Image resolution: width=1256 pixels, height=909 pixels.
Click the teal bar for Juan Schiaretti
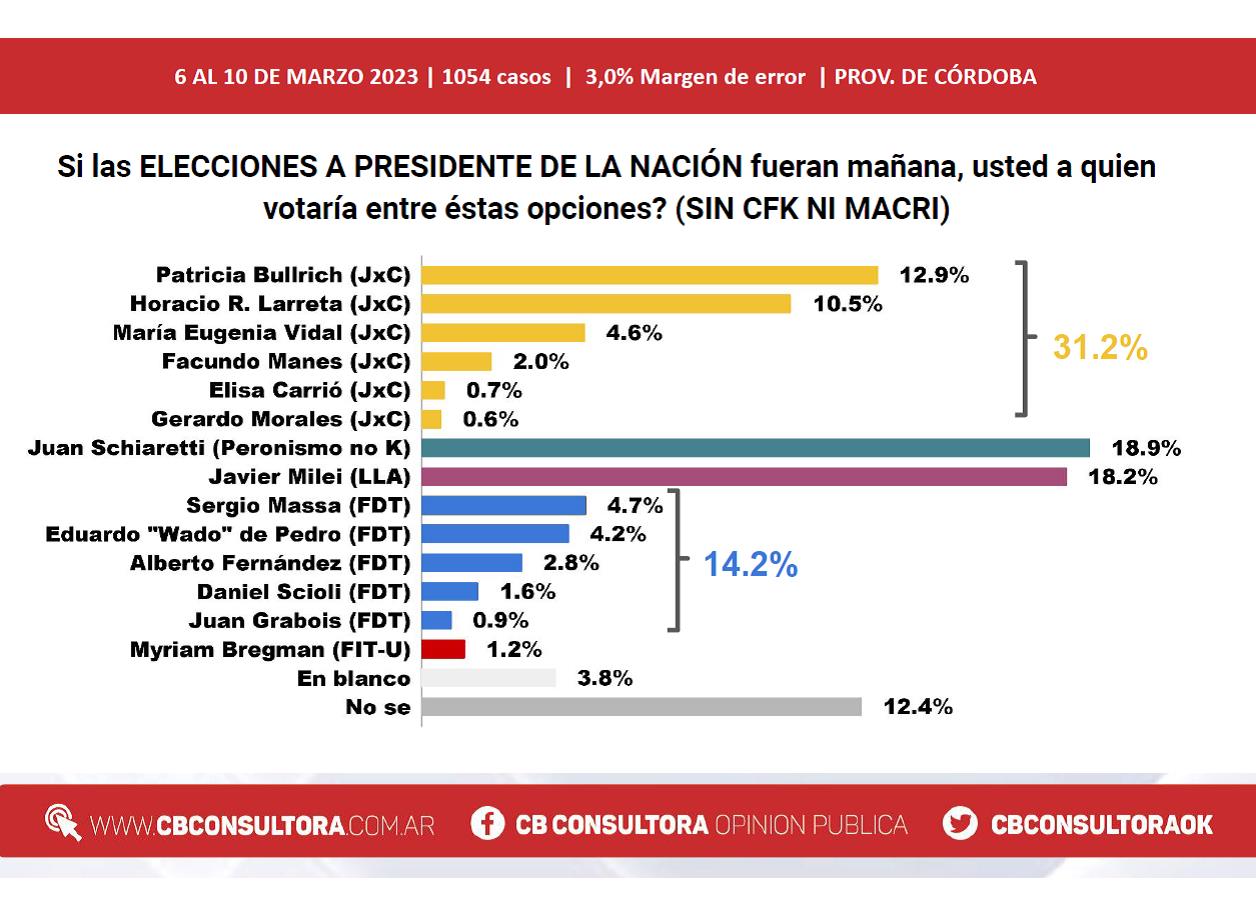point(755,448)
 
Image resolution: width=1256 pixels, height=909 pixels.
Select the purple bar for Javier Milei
point(744,477)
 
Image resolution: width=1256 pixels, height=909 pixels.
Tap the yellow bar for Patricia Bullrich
point(650,275)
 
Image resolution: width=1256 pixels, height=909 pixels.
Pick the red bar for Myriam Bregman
point(443,649)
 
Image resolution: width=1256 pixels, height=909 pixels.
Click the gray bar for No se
point(641,707)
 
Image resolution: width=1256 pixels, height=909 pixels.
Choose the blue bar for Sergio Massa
point(504,505)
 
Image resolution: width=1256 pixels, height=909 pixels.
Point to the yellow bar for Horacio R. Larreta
point(606,304)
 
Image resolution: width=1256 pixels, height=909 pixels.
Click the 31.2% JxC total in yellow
point(1100,347)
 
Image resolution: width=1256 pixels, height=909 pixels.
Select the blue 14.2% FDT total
point(750,564)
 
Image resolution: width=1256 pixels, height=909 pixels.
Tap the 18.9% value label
point(1146,448)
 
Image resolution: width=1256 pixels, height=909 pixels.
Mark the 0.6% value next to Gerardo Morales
point(490,419)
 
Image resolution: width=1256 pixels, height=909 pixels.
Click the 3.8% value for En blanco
point(604,678)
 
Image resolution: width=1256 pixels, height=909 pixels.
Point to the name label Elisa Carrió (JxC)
point(310,390)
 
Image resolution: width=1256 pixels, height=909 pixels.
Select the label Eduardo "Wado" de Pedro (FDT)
point(228,534)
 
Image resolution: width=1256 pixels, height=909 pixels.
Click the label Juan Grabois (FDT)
point(299,621)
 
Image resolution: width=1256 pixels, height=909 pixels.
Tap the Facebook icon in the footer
point(487,823)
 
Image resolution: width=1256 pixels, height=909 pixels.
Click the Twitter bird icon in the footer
point(959,823)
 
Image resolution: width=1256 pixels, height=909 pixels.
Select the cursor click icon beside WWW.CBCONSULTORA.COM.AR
point(63,822)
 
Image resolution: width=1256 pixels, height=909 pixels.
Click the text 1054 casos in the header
point(496,77)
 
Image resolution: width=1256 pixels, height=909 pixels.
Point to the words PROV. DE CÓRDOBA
point(935,76)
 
